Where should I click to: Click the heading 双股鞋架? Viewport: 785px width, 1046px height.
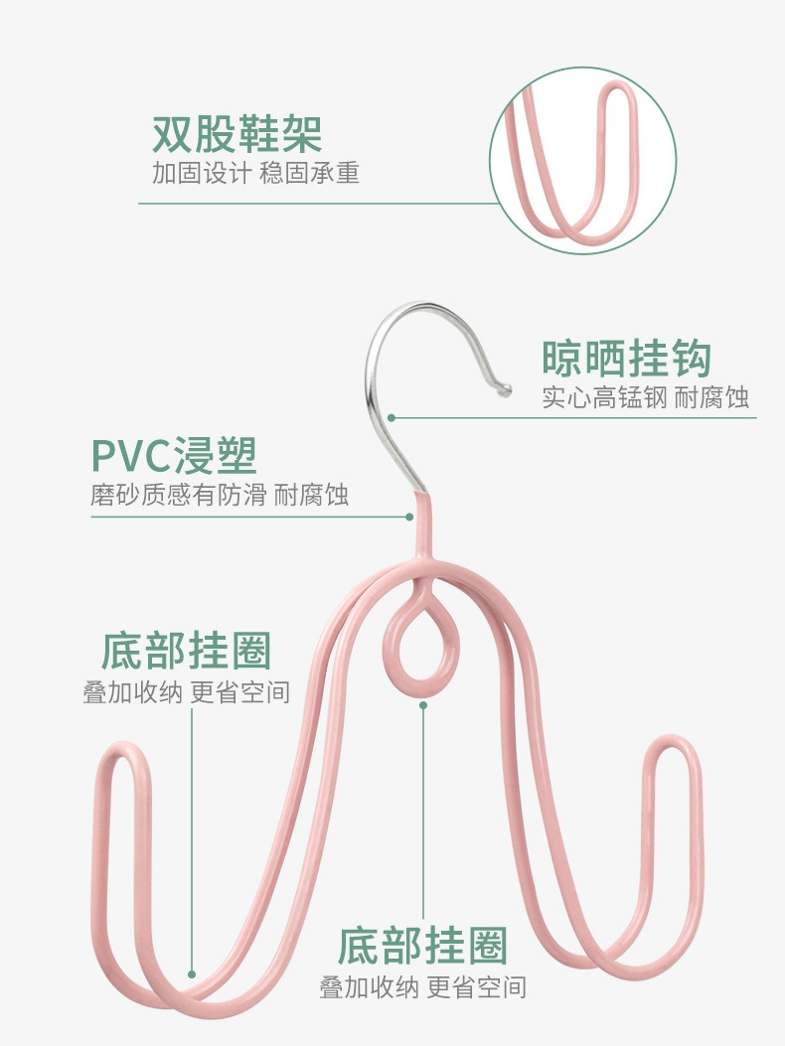coord(236,134)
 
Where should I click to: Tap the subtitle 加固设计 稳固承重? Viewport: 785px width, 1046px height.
coord(255,173)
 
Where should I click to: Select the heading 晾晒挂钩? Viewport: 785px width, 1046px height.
coord(626,359)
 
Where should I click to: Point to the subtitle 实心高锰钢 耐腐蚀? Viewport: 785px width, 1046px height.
coord(645,398)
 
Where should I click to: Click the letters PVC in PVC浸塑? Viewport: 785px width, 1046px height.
coord(129,455)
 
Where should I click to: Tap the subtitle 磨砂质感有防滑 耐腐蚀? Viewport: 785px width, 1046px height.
coord(220,495)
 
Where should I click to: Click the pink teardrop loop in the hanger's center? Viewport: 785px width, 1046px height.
coord(421,643)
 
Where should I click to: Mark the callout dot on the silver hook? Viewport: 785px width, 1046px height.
coord(392,417)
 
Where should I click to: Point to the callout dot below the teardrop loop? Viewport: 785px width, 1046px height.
coord(422,704)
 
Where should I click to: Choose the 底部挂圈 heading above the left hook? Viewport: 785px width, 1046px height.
coord(186,652)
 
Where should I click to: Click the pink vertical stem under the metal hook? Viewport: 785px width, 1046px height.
coord(421,526)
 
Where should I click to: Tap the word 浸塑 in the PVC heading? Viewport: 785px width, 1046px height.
coord(216,455)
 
